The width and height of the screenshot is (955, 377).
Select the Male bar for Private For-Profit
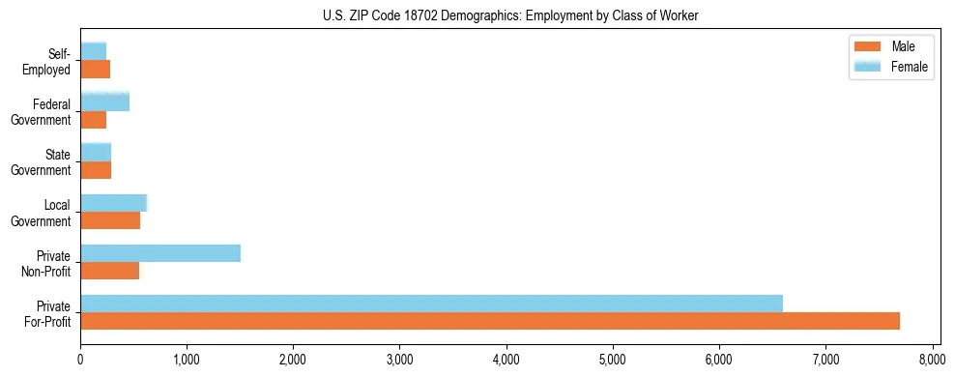tap(489, 321)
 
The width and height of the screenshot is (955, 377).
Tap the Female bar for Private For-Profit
tap(431, 304)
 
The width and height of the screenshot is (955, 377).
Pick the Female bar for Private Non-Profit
tap(160, 253)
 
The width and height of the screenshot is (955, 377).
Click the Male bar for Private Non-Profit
tap(109, 271)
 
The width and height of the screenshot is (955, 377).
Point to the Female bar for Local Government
tap(113, 203)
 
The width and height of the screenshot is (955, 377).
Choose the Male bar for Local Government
tap(110, 220)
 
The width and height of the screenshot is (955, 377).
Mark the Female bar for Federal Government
tap(104, 101)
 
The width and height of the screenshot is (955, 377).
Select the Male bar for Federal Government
tap(93, 120)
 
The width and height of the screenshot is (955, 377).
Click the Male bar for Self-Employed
tap(95, 70)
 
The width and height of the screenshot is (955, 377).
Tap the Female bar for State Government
tap(96, 152)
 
